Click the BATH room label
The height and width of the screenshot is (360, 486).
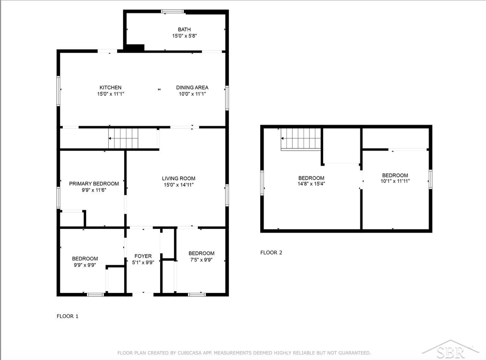[x=184, y=29]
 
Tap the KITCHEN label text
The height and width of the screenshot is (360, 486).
[x=111, y=87]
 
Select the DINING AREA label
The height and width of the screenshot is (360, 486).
[x=192, y=87]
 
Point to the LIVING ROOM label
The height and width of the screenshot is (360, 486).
[x=179, y=178]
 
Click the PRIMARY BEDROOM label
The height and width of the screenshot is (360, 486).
[x=94, y=184]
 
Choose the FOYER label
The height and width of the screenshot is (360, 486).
[x=143, y=256]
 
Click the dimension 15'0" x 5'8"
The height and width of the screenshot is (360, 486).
[x=184, y=36]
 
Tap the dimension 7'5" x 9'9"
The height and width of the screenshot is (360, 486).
[x=201, y=260]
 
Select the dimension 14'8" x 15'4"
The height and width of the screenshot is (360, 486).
[x=311, y=184]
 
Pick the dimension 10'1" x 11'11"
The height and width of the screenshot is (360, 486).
[x=395, y=181]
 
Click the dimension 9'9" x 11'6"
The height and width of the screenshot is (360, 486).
[x=94, y=190]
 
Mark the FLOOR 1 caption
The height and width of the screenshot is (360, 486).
[x=67, y=316]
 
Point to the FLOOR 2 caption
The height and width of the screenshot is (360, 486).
[x=271, y=253]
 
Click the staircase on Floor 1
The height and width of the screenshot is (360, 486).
[x=123, y=138]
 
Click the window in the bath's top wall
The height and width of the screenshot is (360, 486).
[x=172, y=11]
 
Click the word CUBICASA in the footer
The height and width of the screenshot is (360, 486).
[x=189, y=353]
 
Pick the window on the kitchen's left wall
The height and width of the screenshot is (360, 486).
[x=58, y=91]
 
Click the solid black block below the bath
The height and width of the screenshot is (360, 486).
[x=135, y=48]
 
